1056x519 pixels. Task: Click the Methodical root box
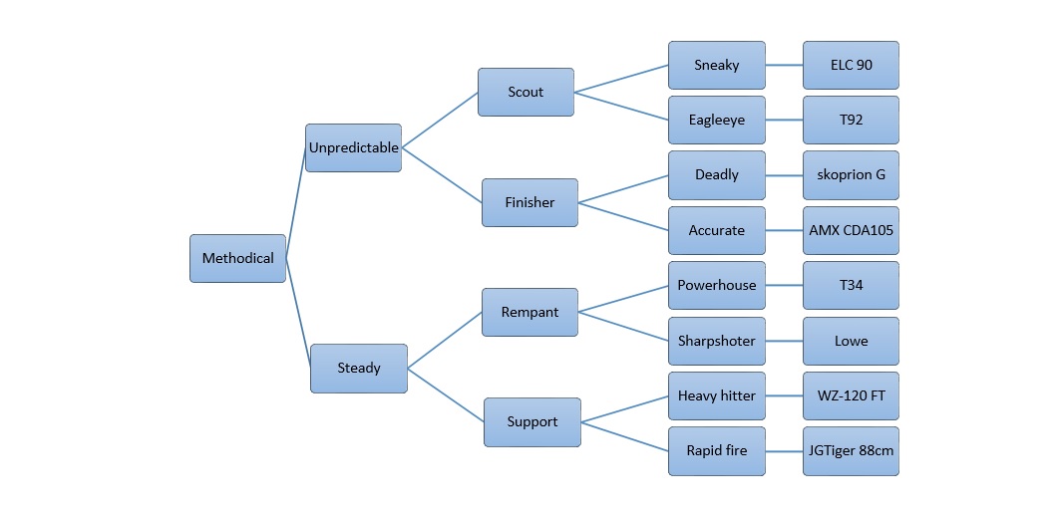237,258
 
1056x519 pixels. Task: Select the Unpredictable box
353,147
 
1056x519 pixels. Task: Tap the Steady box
358,368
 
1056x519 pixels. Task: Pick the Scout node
526,92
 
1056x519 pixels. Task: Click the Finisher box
529,202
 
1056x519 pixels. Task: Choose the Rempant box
529,312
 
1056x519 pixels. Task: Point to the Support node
531,421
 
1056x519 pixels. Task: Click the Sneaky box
716,65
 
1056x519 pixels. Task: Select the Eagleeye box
716,120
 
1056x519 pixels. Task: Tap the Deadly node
716,174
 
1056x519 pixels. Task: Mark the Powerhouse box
716,285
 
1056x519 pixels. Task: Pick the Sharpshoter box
716,341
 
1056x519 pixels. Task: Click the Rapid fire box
716,450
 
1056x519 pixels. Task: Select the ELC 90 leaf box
851,65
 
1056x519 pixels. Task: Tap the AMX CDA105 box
851,230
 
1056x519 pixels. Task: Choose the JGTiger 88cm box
851,450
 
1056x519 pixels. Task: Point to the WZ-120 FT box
851,395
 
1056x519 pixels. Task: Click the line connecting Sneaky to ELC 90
784,65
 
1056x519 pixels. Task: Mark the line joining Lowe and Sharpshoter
784,341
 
